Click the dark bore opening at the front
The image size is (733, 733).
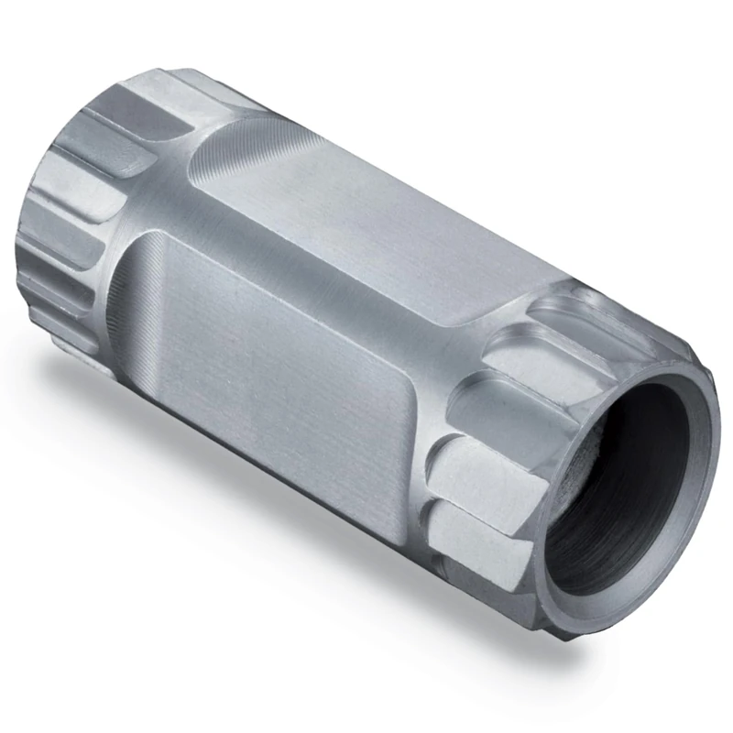(632, 486)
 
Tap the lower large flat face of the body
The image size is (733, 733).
(275, 366)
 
